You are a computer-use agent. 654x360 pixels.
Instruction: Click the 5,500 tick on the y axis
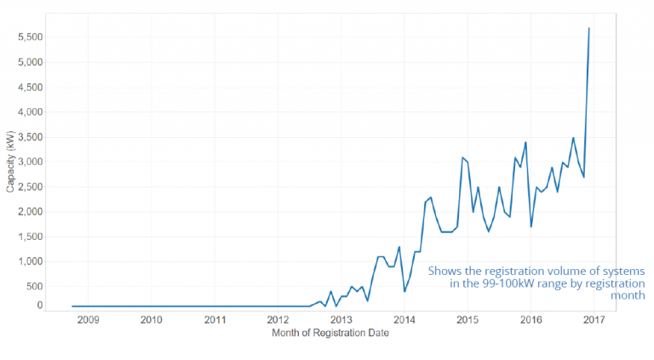pyautogui.click(x=31, y=37)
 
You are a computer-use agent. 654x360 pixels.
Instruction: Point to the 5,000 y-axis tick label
pyautogui.click(x=31, y=62)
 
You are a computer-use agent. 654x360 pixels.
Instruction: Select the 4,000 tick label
pyautogui.click(x=31, y=112)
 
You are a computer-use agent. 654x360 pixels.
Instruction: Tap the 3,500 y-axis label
pyautogui.click(x=31, y=137)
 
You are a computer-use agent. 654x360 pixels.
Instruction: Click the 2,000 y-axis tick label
pyautogui.click(x=31, y=212)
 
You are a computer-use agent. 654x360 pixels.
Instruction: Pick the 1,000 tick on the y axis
pyautogui.click(x=31, y=261)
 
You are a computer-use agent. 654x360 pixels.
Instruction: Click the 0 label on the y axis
pyautogui.click(x=38, y=306)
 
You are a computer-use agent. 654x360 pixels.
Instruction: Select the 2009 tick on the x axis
pyautogui.click(x=88, y=320)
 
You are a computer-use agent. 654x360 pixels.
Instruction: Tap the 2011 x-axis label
pyautogui.click(x=215, y=320)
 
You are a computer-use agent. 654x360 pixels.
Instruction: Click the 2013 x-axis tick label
pyautogui.click(x=341, y=320)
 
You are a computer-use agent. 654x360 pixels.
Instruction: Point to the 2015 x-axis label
pyautogui.click(x=468, y=320)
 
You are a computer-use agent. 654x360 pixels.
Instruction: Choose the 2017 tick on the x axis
pyautogui.click(x=594, y=320)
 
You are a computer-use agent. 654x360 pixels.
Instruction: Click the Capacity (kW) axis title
pyautogui.click(x=10, y=162)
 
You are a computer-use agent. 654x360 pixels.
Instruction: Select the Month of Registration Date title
pyautogui.click(x=330, y=334)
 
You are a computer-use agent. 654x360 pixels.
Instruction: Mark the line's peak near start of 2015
pyautogui.click(x=462, y=157)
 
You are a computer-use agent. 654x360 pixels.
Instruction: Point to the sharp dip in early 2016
pyautogui.click(x=531, y=226)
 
